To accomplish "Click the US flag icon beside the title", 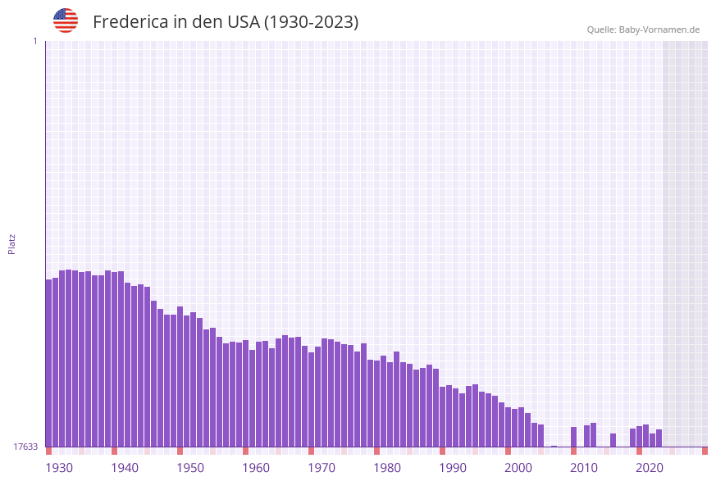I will [66, 20].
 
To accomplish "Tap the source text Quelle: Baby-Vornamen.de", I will [643, 29].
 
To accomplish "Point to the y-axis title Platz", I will [12, 243].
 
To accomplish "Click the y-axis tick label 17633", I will [25, 447].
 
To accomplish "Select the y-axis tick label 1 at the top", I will [34, 41].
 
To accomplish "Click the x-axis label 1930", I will [59, 468].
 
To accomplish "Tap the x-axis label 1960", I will [256, 468].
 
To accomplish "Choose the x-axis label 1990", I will [453, 468].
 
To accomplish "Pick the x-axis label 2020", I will [650, 468].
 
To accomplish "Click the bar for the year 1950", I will [180, 377].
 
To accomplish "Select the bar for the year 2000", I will [508, 427].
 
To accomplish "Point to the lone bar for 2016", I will [613, 440].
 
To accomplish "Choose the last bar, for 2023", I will [659, 438].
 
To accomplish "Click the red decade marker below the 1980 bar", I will [377, 451].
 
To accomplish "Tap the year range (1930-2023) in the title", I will [311, 22].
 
